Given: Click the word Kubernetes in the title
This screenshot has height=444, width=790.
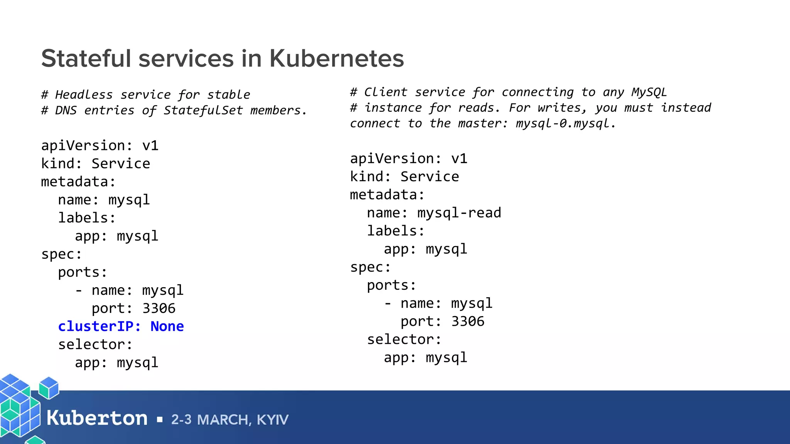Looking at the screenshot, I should coord(336,59).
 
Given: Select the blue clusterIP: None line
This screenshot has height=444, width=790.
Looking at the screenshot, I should coord(121,326).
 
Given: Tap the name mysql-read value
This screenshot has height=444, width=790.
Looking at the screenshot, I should coord(459,213).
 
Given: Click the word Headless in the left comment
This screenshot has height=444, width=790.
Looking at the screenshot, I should coord(84,94).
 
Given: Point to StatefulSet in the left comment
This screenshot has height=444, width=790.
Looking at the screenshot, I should coord(203,111).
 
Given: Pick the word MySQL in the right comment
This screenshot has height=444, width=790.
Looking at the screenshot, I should coord(649,92).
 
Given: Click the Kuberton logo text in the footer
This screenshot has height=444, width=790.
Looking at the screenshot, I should coord(97,418).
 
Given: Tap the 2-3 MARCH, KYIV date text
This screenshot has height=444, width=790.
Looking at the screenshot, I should coord(230,419).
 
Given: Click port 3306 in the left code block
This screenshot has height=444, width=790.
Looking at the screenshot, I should coord(133,308).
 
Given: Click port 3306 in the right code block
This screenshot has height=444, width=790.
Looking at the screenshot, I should coord(442,321).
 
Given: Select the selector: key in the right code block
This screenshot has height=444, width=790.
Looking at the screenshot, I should coord(404,340).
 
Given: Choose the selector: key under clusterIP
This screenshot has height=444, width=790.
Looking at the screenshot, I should coord(95,345).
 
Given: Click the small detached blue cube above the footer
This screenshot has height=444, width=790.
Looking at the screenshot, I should coord(49,387).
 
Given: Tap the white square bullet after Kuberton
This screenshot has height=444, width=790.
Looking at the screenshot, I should coord(160,420).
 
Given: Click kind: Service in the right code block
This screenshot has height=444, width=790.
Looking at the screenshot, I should coord(404,177).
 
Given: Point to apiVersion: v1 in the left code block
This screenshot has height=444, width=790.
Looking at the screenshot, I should coord(100,146).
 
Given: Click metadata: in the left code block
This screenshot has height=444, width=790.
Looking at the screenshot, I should coord(78,182).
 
